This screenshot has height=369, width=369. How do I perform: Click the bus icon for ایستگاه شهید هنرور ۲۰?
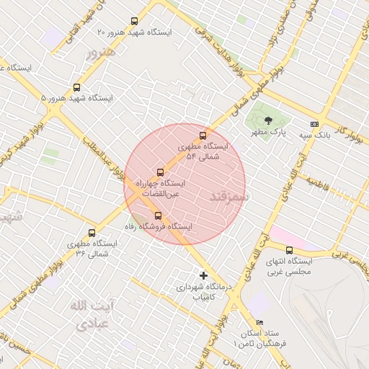pyautogui.click(x=133, y=22)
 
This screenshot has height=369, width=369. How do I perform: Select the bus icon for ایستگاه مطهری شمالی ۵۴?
pyautogui.click(x=203, y=135)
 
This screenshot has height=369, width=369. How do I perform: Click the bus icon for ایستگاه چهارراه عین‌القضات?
pyautogui.click(x=160, y=172)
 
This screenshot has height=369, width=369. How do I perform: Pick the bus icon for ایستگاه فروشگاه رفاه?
pyautogui.click(x=159, y=215)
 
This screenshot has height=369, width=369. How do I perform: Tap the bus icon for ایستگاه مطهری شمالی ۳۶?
pyautogui.click(x=91, y=233)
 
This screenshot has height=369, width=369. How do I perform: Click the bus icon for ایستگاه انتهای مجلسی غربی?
pyautogui.click(x=289, y=250)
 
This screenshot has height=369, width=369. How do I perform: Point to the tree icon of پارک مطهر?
pyautogui.click(x=269, y=120)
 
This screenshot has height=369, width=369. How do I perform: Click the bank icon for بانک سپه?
pyautogui.click(x=314, y=124)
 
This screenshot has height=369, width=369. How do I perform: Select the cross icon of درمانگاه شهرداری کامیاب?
pyautogui.click(x=203, y=275)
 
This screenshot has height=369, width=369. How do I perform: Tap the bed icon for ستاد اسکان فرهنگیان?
pyautogui.click(x=259, y=322)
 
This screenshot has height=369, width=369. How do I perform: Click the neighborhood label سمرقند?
pyautogui.click(x=229, y=195)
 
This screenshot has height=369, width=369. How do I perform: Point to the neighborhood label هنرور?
pyautogui.click(x=100, y=53)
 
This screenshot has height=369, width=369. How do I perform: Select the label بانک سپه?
pyautogui.click(x=315, y=135)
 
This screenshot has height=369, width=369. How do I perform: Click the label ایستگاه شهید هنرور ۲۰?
pyautogui.click(x=134, y=32)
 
